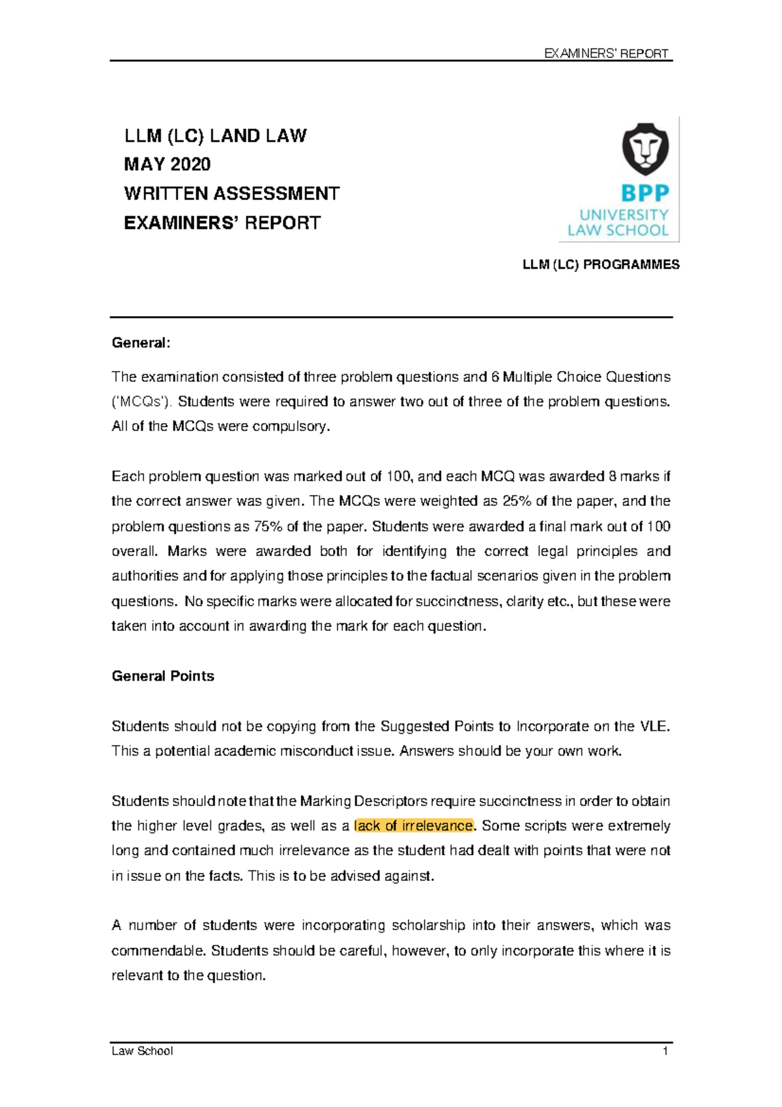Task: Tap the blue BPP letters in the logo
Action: [644, 193]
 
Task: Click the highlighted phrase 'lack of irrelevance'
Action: [414, 826]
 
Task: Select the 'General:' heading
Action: [141, 343]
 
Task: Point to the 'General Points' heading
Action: [163, 676]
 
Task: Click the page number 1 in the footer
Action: [665, 1051]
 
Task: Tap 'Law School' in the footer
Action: [142, 1051]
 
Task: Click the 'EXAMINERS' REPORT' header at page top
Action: [606, 53]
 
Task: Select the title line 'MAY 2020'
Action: [167, 164]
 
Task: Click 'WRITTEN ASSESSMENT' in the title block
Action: [231, 194]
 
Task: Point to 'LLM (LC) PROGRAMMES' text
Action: [601, 265]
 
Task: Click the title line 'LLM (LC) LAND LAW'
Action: [215, 136]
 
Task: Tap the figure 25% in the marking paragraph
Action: [516, 501]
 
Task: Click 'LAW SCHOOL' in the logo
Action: [618, 230]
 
